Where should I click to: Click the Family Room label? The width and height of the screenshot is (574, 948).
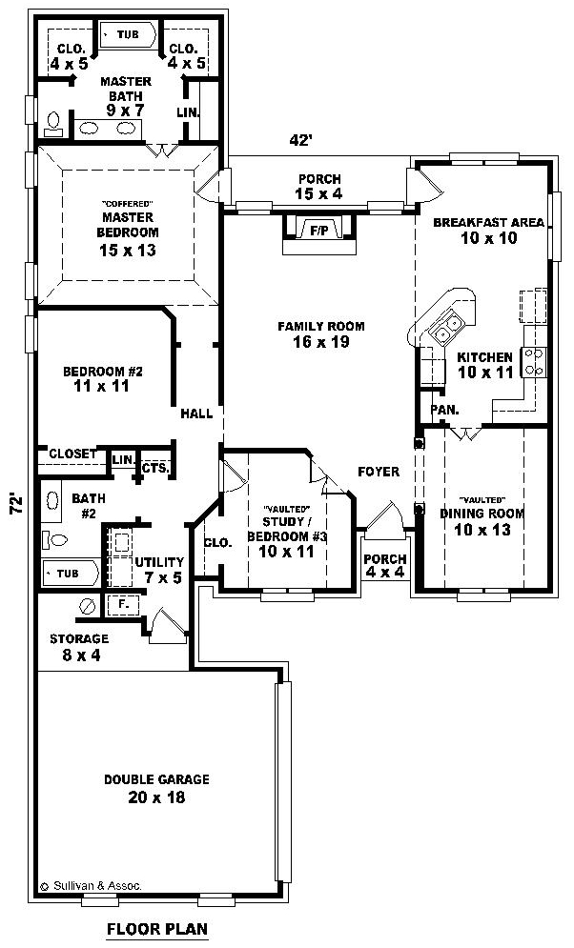pyautogui.click(x=321, y=334)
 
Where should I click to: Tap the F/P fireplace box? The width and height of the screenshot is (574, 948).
pyautogui.click(x=320, y=229)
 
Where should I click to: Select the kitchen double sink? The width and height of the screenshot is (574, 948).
pyautogui.click(x=447, y=327)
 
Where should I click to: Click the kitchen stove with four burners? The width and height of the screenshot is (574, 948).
pyautogui.click(x=534, y=361)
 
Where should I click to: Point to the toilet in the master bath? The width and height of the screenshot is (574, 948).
pyautogui.click(x=53, y=124)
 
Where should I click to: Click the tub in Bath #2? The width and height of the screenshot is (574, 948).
pyautogui.click(x=71, y=573)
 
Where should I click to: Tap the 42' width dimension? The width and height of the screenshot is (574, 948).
pyautogui.click(x=300, y=140)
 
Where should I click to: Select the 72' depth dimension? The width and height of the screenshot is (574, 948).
pyautogui.click(x=17, y=504)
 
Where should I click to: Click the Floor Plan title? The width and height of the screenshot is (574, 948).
pyautogui.click(x=157, y=928)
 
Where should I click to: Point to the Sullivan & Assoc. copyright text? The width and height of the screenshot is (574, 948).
pyautogui.click(x=92, y=886)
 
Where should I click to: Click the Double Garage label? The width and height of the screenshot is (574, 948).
pyautogui.click(x=156, y=788)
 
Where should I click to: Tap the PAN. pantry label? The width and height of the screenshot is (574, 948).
pyautogui.click(x=444, y=410)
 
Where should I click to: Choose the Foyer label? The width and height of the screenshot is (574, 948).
pyautogui.click(x=379, y=472)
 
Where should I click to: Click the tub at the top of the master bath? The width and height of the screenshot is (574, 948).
pyautogui.click(x=128, y=34)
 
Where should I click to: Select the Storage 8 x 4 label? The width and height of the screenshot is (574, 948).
pyautogui.click(x=79, y=646)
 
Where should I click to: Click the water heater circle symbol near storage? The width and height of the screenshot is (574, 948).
pyautogui.click(x=87, y=605)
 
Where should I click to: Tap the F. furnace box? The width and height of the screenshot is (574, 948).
pyautogui.click(x=123, y=604)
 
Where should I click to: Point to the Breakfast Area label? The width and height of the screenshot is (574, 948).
pyautogui.click(x=489, y=230)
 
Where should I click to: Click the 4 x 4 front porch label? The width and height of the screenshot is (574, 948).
pyautogui.click(x=384, y=565)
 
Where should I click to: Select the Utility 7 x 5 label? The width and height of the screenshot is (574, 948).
pyautogui.click(x=159, y=570)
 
